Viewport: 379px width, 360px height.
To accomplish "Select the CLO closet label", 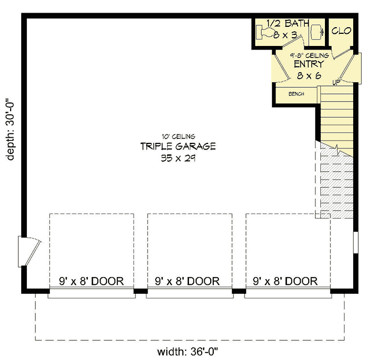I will (x=341, y=31).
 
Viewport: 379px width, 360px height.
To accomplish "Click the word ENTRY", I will (x=308, y=65).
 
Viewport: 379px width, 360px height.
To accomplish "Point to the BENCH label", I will (x=296, y=94).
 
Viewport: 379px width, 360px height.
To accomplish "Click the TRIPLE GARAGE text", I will (x=178, y=147).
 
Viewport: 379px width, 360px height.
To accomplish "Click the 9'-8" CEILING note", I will (x=309, y=55).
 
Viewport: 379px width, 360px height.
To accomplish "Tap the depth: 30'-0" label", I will (x=11, y=129).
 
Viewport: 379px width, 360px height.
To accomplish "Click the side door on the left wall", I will (x=28, y=251).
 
